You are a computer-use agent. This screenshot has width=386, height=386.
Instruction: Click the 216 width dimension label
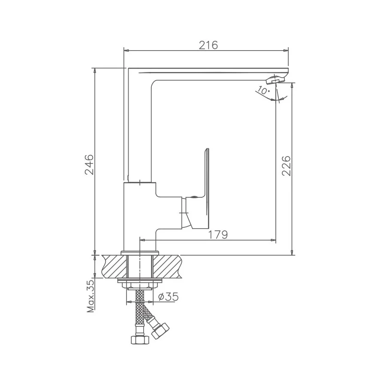click(x=209, y=45)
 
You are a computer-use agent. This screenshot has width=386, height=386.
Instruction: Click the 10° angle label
click(x=263, y=91)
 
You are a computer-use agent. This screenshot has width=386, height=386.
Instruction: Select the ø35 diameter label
click(x=168, y=296)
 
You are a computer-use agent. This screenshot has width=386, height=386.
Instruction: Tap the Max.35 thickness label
click(x=90, y=296)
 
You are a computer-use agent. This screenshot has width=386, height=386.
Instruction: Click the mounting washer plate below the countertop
click(x=139, y=281)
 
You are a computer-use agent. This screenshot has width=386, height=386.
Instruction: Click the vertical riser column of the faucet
click(x=140, y=129)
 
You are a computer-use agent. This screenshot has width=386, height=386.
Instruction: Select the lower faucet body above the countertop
click(x=139, y=214)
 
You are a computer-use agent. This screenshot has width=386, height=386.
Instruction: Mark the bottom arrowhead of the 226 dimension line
click(x=292, y=253)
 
